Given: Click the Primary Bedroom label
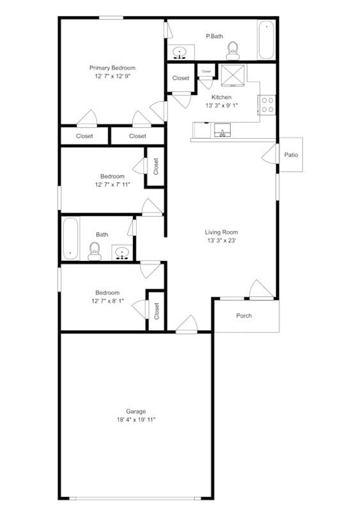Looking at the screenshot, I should click(112, 68).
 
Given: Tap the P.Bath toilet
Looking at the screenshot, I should click(232, 48).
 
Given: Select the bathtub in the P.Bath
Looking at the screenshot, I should click(266, 40).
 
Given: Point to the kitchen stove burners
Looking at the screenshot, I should click(268, 104).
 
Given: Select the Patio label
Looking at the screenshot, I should click(291, 155).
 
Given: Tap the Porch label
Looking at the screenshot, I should click(244, 315).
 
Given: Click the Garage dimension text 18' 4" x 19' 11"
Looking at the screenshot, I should click(136, 420).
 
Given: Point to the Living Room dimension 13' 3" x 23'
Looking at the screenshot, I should click(222, 241).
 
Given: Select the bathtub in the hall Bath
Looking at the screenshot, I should click(70, 238).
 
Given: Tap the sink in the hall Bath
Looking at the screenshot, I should click(121, 253).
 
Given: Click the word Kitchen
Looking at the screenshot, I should click(222, 97).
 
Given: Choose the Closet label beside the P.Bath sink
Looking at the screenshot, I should click(181, 78).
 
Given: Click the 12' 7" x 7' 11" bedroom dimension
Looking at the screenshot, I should click(112, 185).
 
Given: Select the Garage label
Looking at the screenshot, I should click(136, 411).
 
